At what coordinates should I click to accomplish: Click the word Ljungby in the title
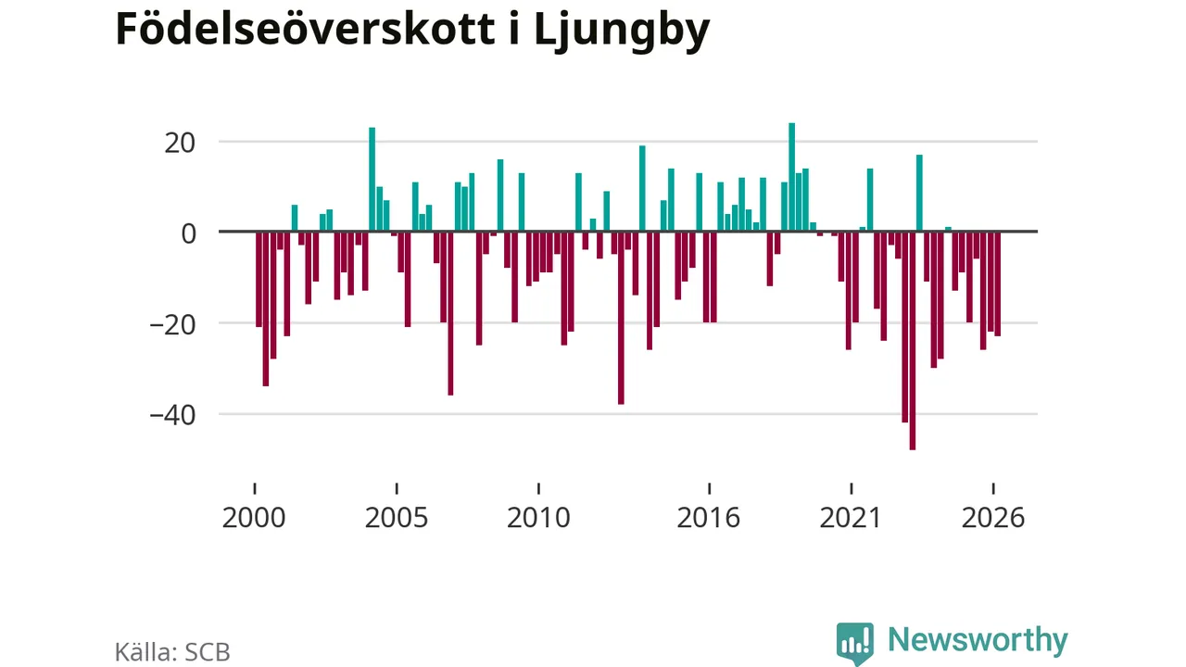[622, 31]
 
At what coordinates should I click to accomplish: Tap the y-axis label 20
[180, 143]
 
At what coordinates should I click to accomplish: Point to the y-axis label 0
[188, 233]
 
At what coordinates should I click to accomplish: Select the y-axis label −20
[172, 324]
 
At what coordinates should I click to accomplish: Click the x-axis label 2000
[254, 518]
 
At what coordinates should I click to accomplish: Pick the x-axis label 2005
[396, 518]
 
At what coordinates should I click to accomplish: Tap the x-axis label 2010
[538, 518]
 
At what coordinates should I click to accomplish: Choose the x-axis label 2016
[709, 518]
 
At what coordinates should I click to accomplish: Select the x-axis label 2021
[851, 518]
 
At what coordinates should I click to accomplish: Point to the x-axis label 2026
[993, 518]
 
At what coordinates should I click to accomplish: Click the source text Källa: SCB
[172, 652]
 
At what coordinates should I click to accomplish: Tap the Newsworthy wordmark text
[978, 640]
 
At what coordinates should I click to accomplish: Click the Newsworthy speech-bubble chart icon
[855, 643]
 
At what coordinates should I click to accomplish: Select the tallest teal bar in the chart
[791, 177]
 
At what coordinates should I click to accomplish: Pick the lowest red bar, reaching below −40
[913, 340]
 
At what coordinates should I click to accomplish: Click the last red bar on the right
[998, 283]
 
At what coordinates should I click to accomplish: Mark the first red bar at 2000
[259, 279]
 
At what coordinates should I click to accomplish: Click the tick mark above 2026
[993, 488]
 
